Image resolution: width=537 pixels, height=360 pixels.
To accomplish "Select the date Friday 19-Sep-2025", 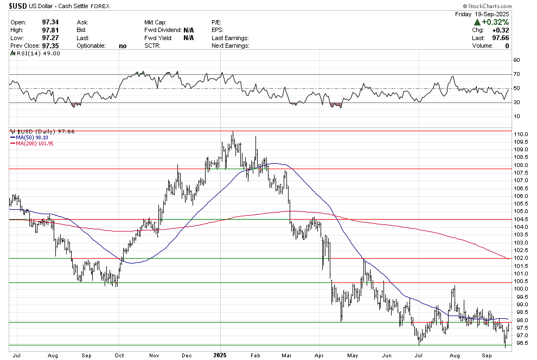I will (482, 13).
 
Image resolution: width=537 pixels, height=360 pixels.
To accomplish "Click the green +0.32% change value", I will (495, 22).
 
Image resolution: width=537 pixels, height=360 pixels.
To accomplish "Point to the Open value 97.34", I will (49, 22).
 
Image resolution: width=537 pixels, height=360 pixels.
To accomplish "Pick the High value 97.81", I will (49, 30).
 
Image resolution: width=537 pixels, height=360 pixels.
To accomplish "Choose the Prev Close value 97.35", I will (49, 46).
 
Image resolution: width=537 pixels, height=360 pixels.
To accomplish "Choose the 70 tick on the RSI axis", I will (517, 74).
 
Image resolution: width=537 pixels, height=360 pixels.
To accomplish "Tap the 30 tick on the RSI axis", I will (517, 102).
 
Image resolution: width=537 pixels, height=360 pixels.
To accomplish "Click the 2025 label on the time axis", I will (221, 355).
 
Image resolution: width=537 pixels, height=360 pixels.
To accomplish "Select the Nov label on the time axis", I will (154, 355).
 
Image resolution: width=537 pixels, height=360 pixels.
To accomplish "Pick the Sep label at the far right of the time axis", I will (488, 355).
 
